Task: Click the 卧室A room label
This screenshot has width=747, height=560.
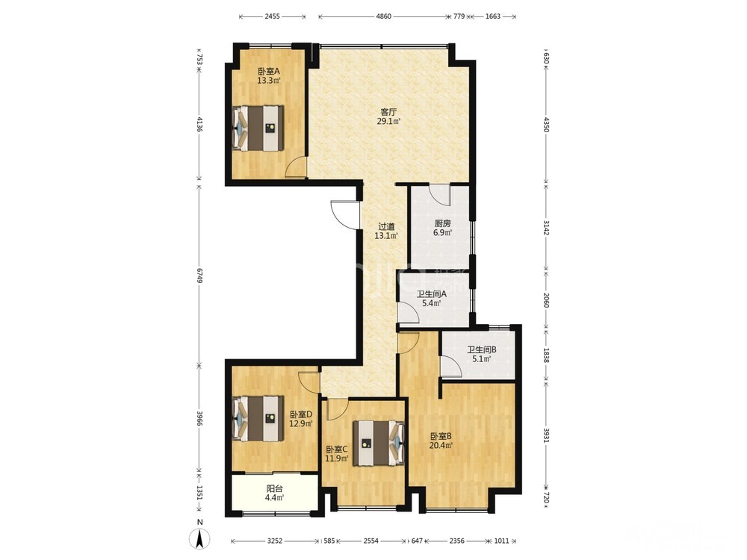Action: click(269, 72)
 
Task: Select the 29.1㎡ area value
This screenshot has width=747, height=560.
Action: click(388, 122)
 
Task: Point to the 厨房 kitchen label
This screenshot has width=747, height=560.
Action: click(442, 223)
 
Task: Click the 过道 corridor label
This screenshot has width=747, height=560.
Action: click(386, 227)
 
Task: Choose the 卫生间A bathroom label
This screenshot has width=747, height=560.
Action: click(431, 294)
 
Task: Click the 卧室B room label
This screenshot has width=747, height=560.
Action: click(441, 436)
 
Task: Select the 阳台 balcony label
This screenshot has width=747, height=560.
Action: click(274, 488)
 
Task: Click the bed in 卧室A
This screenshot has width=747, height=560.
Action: click(258, 128)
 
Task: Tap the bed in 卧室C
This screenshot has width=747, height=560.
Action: click(379, 443)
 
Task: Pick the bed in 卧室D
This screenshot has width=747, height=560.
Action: click(258, 419)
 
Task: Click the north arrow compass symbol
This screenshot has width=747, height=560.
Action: click(200, 539)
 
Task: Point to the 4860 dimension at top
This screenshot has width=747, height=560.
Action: click(383, 16)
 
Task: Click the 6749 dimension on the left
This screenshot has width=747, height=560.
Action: click(199, 274)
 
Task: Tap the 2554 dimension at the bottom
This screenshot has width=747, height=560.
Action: click(371, 541)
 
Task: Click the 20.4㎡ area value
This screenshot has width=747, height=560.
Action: click(441, 445)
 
